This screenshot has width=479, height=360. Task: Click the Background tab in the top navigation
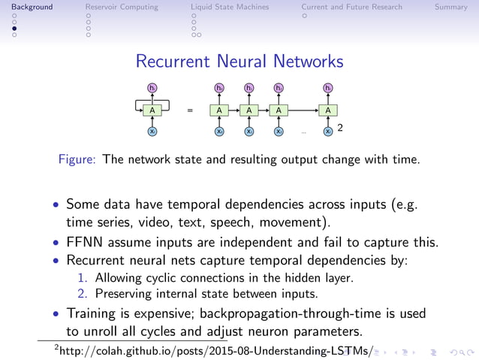point(26,8)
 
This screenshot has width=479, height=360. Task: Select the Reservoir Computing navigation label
point(122,8)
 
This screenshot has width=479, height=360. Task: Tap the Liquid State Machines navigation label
point(230,8)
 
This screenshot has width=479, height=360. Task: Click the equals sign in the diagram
point(190,110)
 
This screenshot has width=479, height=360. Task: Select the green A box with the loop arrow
point(152,110)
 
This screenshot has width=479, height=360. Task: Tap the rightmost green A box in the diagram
point(327,110)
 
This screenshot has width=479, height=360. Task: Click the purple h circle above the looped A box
point(152,89)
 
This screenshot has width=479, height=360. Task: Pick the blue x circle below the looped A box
point(152,132)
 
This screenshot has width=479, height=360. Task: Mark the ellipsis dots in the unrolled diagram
point(304,132)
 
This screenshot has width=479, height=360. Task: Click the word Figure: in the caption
point(79,159)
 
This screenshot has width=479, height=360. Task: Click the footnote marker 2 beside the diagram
point(340,129)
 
